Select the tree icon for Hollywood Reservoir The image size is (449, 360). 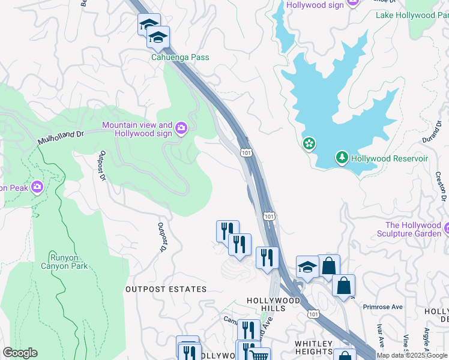point(342,158)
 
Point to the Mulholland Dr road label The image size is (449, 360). point(60,137)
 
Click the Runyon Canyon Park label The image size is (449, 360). point(64,261)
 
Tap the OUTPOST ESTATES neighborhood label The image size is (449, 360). point(166,289)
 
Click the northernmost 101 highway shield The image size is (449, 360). point(246,154)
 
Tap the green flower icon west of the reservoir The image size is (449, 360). point(309,144)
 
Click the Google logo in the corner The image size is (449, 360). point(20,353)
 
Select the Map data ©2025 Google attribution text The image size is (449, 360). point(412,355)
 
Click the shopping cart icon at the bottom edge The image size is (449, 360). point(259,355)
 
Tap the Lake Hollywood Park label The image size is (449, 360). point(417,15)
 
